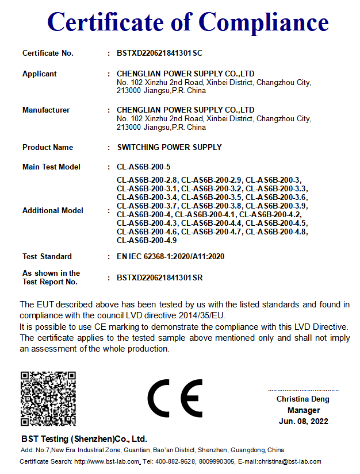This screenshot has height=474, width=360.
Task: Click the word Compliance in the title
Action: coord(264,22)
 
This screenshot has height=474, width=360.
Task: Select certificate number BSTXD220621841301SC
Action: coord(160,53)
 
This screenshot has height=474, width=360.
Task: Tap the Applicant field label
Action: coord(40,74)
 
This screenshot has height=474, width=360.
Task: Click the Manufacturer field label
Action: coord(46,110)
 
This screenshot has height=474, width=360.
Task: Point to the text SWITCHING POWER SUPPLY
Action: coord(169,147)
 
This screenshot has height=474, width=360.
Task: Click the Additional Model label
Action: coord(53,210)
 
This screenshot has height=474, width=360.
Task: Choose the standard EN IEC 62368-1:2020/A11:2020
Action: coord(170,256)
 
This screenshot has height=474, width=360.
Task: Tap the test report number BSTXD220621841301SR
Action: coord(160,278)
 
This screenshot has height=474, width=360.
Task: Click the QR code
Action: coord(48,398)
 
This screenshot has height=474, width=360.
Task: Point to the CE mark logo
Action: coord(175,398)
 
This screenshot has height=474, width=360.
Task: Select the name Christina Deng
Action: coord(303,399)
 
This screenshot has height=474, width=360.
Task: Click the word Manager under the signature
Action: coord(304,410)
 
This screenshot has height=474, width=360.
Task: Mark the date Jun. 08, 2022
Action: coord(304,421)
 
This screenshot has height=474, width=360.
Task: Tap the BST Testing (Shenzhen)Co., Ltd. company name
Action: coord(84,438)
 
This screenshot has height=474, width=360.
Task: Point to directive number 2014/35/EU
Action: coord(204,315)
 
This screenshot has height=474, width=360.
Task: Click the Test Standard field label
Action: coord(47,256)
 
